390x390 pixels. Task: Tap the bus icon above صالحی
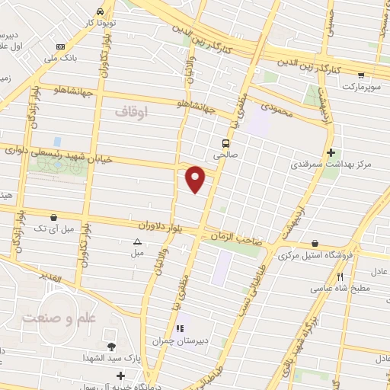pyautogui.click(x=225, y=142)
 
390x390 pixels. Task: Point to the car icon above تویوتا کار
pyautogui.click(x=101, y=12)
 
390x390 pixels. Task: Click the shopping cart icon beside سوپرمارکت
pyautogui.click(x=361, y=75)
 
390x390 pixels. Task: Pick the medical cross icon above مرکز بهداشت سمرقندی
pyautogui.click(x=331, y=152)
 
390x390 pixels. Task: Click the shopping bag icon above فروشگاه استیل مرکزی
pyautogui.click(x=315, y=244)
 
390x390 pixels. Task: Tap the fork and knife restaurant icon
pyautogui.click(x=340, y=277)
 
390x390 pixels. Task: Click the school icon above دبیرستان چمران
pyautogui.click(x=180, y=329)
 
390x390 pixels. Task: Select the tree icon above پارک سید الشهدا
pyautogui.click(x=111, y=347)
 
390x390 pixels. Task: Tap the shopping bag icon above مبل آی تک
pyautogui.click(x=53, y=217)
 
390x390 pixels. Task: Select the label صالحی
pyautogui.click(x=225, y=155)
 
